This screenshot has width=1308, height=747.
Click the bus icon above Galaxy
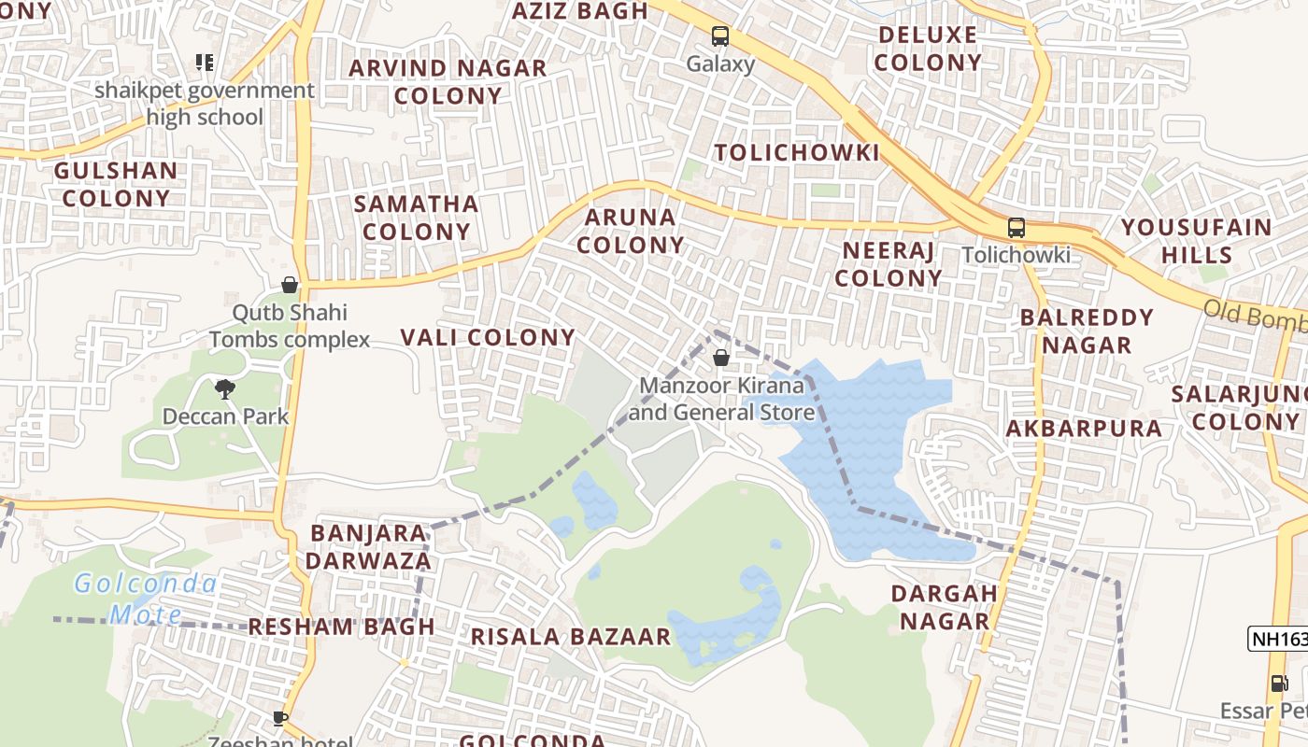(x=719, y=36)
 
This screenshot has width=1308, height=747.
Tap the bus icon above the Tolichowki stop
(x=1016, y=227)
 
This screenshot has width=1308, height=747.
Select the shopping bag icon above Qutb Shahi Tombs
(x=290, y=285)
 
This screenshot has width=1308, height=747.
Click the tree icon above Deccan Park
(x=224, y=388)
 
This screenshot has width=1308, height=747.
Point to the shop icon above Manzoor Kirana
(x=720, y=357)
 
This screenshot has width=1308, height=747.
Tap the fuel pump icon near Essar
(x=1278, y=684)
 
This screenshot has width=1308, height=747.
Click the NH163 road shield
(x=1278, y=640)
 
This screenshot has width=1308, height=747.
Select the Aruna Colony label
(x=630, y=231)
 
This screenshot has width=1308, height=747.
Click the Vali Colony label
(x=488, y=337)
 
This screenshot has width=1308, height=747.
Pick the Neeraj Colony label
(x=889, y=263)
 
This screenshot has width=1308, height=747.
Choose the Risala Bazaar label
(x=570, y=637)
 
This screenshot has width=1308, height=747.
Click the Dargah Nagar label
(x=944, y=607)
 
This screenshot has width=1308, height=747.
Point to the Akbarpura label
(x=1084, y=429)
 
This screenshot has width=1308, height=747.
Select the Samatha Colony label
(x=417, y=217)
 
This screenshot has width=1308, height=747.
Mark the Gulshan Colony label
(x=116, y=184)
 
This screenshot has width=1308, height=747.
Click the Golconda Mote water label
(x=146, y=599)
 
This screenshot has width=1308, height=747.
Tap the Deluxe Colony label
(x=928, y=49)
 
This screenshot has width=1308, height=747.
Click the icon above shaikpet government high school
(x=205, y=63)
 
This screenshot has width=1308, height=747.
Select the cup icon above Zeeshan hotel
(x=279, y=717)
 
